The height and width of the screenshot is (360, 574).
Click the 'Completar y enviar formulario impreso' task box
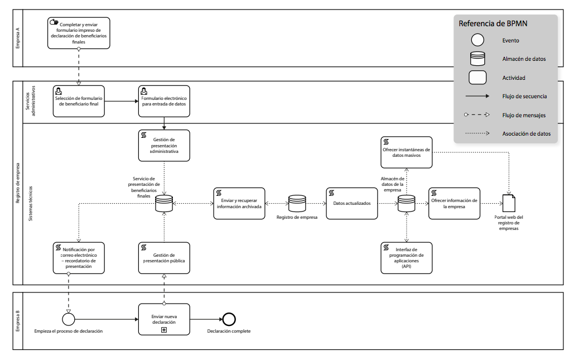click(79, 33)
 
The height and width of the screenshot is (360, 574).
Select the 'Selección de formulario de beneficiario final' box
click(79, 101)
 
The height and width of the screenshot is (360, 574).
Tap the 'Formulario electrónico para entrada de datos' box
click(164, 101)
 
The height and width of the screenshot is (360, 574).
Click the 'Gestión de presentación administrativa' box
click(164, 146)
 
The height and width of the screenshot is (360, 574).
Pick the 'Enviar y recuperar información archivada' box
click(239, 203)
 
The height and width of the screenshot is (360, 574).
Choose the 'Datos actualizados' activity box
click(351, 203)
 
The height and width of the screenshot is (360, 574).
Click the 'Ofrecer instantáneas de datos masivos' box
click(406, 152)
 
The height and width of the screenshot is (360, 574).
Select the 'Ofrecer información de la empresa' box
click(454, 203)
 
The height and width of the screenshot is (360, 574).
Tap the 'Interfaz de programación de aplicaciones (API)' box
click(406, 258)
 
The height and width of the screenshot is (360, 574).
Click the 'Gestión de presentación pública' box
click(164, 258)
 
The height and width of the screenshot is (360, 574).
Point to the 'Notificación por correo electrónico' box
click(79, 258)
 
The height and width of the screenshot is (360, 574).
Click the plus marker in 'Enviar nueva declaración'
click(164, 330)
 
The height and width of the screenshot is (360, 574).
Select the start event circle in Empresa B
click(68, 319)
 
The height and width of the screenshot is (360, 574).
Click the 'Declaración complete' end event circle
click(229, 319)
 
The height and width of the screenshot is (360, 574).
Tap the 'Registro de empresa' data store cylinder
click(297, 203)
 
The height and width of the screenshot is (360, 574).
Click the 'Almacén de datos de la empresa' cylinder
click(406, 203)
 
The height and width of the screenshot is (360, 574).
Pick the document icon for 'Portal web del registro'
click(508, 203)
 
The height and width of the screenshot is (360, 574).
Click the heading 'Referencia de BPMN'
click(493, 23)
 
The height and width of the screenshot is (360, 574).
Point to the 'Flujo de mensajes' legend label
click(524, 115)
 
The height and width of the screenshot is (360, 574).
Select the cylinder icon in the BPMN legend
click(477, 59)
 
